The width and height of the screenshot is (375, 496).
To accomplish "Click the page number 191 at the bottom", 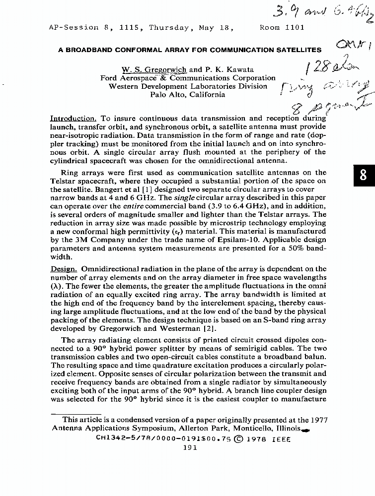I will (190, 447).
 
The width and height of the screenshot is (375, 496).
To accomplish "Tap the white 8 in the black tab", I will (365, 177).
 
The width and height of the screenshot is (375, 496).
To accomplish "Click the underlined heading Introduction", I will (73, 118).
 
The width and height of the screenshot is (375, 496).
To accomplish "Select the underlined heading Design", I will (64, 268).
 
